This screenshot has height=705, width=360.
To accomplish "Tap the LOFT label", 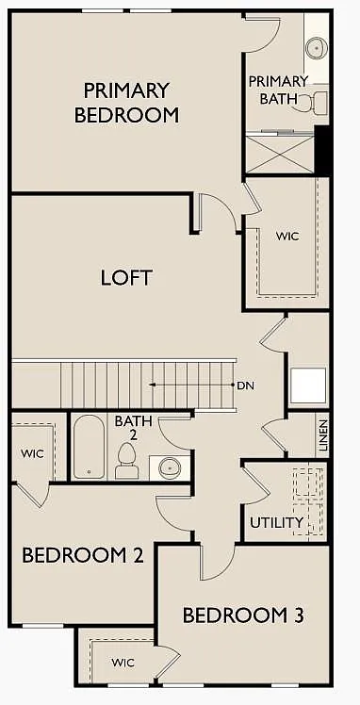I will (x=126, y=278).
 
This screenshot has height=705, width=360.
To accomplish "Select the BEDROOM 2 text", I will (x=82, y=555).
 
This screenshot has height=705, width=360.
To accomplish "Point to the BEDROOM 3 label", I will (x=242, y=615).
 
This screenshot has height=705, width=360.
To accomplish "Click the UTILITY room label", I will (x=276, y=522).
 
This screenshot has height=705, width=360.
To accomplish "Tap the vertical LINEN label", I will (x=322, y=436).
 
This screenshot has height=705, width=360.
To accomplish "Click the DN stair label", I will (x=246, y=385).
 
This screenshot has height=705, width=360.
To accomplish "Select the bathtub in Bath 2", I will (x=90, y=447).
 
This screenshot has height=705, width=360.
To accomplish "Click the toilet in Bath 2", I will (x=126, y=462).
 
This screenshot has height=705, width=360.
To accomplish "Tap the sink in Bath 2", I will (x=170, y=466).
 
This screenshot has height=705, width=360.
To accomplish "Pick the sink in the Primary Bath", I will (x=316, y=46).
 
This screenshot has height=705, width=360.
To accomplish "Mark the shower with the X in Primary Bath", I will (x=279, y=153).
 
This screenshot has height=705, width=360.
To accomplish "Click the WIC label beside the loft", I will (x=286, y=236).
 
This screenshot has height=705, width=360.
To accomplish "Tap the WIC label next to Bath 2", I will (x=32, y=453).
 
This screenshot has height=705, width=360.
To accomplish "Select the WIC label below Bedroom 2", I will (x=123, y=663).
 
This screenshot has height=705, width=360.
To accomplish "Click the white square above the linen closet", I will (x=308, y=385).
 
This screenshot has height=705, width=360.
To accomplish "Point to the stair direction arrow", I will (x=188, y=385).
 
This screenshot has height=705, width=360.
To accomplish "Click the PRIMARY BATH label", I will (x=278, y=90).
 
